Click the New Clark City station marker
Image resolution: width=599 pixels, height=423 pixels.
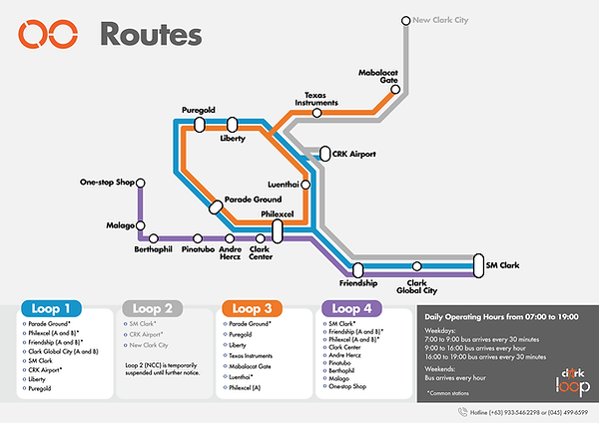click(x=405, y=19)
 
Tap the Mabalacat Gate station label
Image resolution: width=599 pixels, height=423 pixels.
click(x=377, y=78)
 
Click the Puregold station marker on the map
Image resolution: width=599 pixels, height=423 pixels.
click(x=199, y=124)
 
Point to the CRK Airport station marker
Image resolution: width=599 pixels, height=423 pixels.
click(x=325, y=154)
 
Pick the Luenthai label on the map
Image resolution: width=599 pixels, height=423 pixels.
click(x=285, y=185)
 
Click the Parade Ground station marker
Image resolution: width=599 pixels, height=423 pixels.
click(x=216, y=206)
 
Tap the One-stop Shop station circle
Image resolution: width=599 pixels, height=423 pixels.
click(x=141, y=183)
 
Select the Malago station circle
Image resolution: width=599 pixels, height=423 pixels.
click(x=141, y=225)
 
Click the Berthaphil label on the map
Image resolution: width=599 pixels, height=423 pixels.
click(x=153, y=249)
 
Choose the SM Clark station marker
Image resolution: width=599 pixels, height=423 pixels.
click(x=477, y=266)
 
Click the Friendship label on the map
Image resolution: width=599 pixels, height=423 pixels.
click(x=358, y=283)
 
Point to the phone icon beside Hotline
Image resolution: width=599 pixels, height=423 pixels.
click(x=462, y=410)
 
